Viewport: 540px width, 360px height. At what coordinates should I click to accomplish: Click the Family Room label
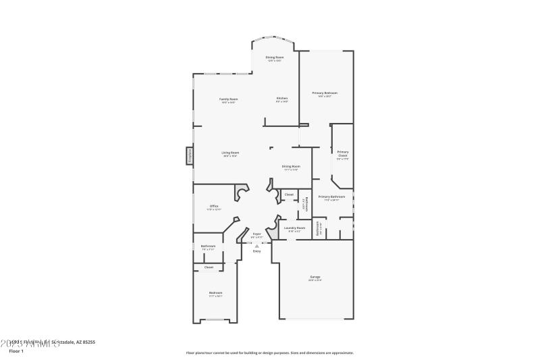[228, 99]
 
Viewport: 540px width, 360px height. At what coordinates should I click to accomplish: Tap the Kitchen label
[281, 99]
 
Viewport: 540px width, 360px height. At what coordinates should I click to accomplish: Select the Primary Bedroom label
[324, 93]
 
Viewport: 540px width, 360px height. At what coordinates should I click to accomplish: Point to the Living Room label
[230, 153]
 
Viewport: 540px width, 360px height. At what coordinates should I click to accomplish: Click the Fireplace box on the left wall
[190, 156]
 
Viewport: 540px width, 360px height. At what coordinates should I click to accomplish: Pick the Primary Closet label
[343, 154]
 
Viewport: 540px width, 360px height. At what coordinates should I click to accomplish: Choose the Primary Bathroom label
[331, 197]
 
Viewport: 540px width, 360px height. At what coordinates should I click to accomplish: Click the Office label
[213, 206]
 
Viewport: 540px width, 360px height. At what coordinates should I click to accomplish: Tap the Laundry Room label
[295, 228]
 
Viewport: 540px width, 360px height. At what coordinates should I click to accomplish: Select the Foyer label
[256, 234]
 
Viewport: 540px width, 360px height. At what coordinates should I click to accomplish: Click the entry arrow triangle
[256, 246]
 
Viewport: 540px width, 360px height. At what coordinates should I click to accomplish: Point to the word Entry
[256, 251]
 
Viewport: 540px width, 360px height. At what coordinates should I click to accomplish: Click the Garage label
[315, 277]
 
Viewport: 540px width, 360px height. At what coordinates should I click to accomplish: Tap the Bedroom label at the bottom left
[215, 292]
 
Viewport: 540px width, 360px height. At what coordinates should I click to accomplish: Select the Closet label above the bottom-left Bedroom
[209, 267]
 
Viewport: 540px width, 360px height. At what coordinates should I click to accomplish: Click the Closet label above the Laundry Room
[289, 195]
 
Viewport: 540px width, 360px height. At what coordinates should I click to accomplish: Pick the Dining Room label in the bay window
[274, 57]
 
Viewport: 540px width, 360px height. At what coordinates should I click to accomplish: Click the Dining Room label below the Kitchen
[291, 166]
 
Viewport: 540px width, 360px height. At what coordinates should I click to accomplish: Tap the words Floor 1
[16, 351]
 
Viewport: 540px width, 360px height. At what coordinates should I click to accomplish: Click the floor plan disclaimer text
[270, 353]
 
